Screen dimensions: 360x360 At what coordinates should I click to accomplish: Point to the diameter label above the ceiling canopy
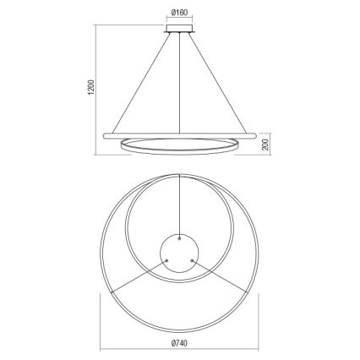(179, 13)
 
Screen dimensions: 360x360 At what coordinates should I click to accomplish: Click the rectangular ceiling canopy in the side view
(180, 31)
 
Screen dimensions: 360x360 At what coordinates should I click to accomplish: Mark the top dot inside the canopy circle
(180, 238)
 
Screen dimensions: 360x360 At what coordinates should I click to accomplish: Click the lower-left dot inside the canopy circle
(167, 259)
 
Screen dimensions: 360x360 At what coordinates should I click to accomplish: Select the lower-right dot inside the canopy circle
(193, 259)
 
